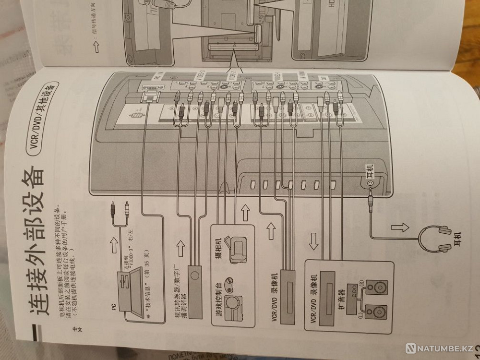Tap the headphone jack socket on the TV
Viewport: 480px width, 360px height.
click(x=370, y=182)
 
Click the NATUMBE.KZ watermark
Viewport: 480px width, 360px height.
click(x=442, y=347)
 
